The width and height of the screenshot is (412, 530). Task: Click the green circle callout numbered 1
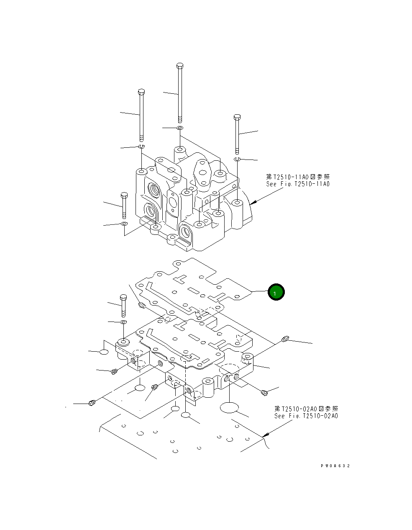(276, 292)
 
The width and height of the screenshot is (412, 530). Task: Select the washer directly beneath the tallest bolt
(180, 128)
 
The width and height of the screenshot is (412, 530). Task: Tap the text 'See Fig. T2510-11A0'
(298, 184)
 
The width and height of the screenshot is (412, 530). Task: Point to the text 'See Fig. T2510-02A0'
(306, 416)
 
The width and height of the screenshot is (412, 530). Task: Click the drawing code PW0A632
(335, 466)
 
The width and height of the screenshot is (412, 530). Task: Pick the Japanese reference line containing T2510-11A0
(298, 177)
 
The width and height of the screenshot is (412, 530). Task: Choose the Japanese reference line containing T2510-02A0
(306, 409)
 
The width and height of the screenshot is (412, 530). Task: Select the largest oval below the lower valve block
(228, 408)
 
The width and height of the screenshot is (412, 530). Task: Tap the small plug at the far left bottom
(92, 403)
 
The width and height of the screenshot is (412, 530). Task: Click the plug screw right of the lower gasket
(286, 339)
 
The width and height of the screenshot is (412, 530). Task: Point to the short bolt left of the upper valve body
(124, 206)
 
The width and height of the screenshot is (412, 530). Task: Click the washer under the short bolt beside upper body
(124, 224)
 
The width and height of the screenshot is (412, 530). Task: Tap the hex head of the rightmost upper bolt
(237, 117)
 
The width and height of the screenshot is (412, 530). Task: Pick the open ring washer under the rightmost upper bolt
(237, 159)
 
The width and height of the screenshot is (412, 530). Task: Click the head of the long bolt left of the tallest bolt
(141, 92)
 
